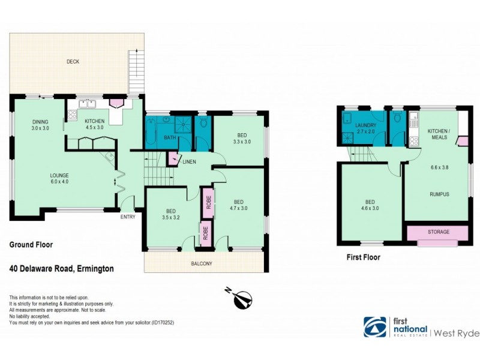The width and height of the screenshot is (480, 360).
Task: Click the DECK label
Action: [x=73, y=62]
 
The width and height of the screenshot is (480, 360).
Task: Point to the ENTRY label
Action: [x=128, y=217]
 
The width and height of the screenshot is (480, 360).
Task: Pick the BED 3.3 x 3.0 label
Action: [x=241, y=138]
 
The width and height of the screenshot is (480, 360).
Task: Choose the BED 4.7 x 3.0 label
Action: [x=239, y=205]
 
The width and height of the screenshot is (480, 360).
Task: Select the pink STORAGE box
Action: [x=438, y=232]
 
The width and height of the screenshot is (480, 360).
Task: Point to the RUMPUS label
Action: [x=439, y=194]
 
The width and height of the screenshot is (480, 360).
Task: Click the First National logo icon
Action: [x=375, y=327]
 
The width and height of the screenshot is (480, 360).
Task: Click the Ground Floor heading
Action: [x=31, y=245]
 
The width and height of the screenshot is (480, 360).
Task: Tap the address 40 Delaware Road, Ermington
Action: [x=62, y=269]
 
